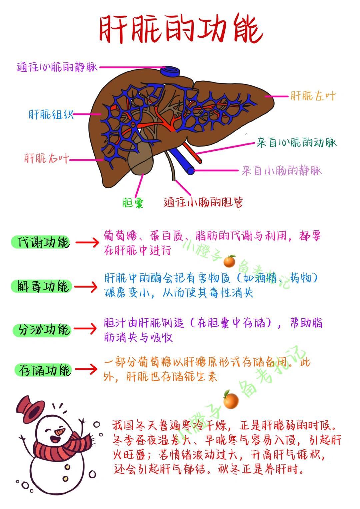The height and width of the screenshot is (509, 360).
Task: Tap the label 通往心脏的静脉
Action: coord(57,67)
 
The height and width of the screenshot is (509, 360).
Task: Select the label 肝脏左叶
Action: coord(313,96)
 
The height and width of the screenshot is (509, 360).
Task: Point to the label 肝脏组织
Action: coord(51,114)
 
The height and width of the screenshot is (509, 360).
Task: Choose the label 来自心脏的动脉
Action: coord(296,143)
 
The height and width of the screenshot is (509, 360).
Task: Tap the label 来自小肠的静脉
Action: coord(282,171)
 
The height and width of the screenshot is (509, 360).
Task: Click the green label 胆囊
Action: coord(133,203)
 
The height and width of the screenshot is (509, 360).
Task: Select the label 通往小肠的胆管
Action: coord(203,202)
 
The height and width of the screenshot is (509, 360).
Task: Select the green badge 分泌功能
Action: coord(42,329)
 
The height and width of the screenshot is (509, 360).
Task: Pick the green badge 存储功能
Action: coord(43,370)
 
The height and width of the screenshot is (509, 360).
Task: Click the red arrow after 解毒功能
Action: coord(86,287)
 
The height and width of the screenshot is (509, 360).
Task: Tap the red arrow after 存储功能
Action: coord(86,369)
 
